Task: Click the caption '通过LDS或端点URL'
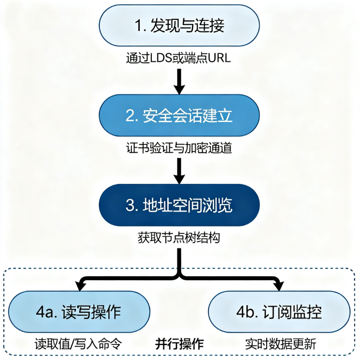180,58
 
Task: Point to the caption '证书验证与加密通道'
180,148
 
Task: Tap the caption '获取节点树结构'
180,238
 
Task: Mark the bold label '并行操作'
179,344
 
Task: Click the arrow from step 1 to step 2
180,80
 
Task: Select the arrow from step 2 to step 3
180,171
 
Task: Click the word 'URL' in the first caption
221,58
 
